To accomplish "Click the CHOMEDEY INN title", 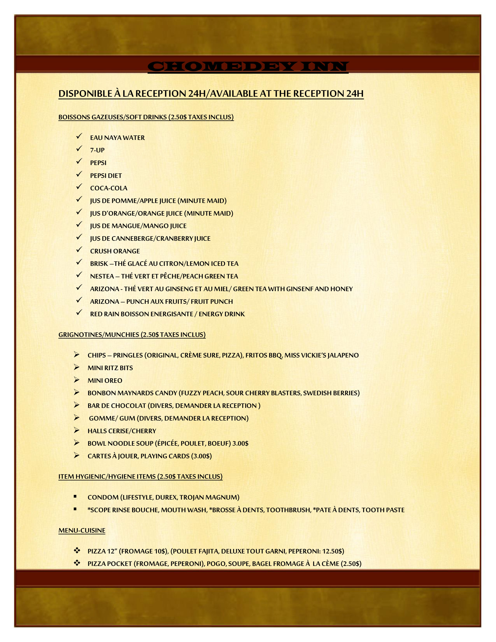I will [x=248, y=67].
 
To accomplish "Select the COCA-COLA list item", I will [x=108, y=188].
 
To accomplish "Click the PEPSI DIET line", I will [x=106, y=176].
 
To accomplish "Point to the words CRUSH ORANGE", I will [x=115, y=251].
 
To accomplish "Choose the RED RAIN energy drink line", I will [x=167, y=314].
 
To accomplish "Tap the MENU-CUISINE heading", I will [x=82, y=530].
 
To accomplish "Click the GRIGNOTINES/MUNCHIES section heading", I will [x=132, y=335].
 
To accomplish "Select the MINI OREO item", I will [x=105, y=380].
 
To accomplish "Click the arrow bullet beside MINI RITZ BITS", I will [x=77, y=367].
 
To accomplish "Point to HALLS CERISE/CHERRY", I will [x=122, y=431].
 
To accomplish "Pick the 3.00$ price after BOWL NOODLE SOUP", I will [x=240, y=443].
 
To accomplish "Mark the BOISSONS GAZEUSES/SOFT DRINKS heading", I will [x=146, y=117].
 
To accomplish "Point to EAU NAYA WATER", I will [x=117, y=138].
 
